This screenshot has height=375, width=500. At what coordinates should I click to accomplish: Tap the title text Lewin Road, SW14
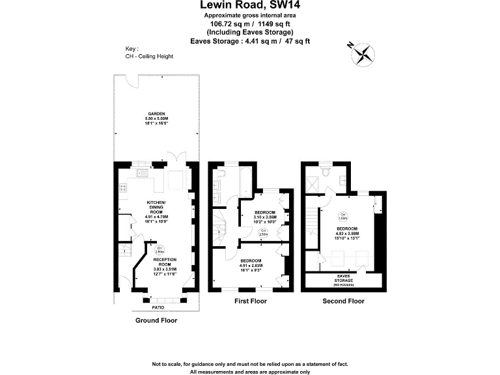tap(250, 6)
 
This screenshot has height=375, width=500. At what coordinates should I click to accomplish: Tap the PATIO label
tap(158, 307)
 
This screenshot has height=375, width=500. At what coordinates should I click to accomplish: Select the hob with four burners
tap(122, 188)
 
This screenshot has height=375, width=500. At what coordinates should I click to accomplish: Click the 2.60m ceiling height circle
tap(157, 248)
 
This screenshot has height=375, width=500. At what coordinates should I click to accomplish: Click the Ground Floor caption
tap(156, 320)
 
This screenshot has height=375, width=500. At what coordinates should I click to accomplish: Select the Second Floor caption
tap(343, 301)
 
